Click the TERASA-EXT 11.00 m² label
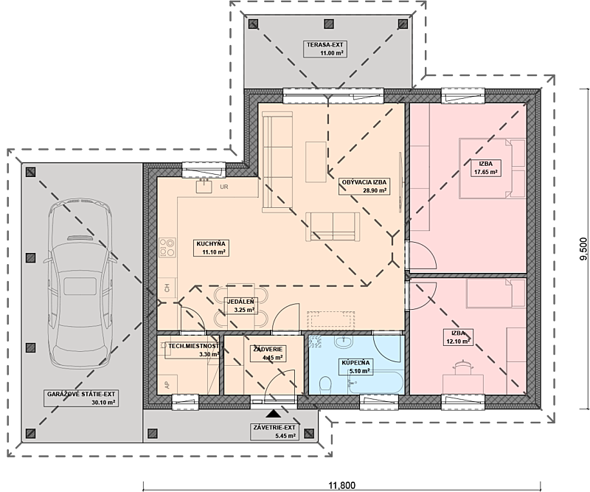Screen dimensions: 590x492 tap(325, 49)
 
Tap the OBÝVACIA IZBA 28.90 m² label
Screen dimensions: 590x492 tap(364, 187)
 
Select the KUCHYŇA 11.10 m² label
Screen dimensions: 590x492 tap(211, 248)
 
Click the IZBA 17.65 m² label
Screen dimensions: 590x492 tap(485, 168)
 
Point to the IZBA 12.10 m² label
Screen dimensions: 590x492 tap(458, 337)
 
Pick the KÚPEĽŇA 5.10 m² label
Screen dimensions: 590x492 tap(355, 367)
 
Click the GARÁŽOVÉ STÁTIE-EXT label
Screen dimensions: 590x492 tap(81, 394)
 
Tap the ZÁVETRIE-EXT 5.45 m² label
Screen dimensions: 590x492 tap(274, 432)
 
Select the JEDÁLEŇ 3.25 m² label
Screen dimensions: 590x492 tap(240, 305)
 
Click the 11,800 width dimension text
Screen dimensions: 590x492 tap(341, 485)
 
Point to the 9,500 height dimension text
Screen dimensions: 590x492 tap(583, 249)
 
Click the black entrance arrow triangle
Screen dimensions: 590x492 tap(273, 414)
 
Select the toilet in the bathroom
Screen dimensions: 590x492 tap(324, 386)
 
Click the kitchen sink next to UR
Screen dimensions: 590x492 tap(204, 186)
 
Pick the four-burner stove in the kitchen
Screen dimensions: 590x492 tap(167, 247)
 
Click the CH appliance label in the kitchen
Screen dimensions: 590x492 tap(167, 288)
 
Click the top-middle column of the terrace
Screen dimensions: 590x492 tap(329, 24)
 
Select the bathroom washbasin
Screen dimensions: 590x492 tap(344, 342)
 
